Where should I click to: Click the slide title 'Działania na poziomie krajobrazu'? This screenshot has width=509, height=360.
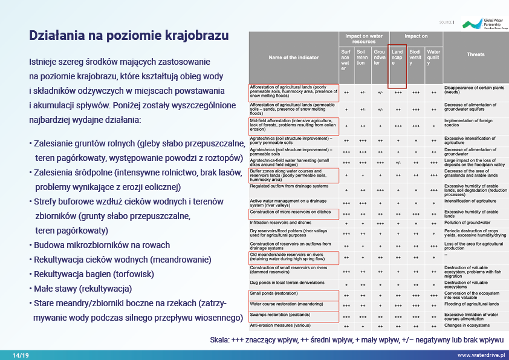coord(129,35)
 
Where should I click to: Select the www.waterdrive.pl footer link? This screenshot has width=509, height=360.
coord(481,355)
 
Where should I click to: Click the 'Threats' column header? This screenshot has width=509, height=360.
coord(475,55)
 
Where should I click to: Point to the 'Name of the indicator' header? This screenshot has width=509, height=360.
coord(293,57)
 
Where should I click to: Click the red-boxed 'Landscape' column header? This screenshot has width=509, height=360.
coord(397,62)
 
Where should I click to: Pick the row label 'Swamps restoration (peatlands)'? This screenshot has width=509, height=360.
coord(281,315)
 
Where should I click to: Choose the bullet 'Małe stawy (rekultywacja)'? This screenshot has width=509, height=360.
coord(83,287)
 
